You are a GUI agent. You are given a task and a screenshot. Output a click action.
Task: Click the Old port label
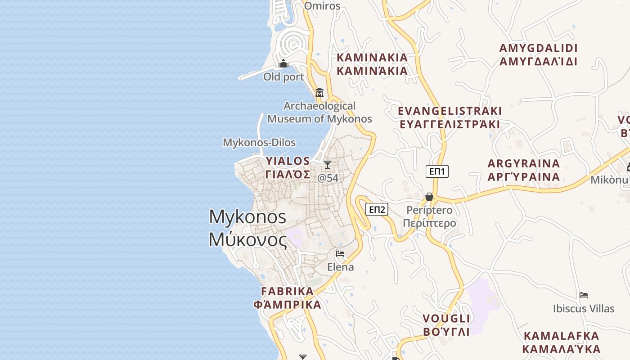point(283,77)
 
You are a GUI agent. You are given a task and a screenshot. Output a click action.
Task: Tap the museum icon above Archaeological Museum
point(319,92)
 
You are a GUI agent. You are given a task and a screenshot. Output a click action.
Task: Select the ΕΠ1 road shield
point(437,171)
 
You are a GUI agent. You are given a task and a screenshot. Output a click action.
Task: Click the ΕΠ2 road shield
point(377,209)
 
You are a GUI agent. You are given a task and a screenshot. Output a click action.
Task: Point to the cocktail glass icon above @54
point(328,165)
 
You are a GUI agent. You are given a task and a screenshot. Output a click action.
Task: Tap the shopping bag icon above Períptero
point(429,197)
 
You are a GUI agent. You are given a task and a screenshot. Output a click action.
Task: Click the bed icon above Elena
point(340,254)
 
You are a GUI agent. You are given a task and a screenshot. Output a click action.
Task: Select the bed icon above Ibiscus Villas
point(584,295)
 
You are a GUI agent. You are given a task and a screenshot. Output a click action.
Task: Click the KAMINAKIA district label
point(372,58)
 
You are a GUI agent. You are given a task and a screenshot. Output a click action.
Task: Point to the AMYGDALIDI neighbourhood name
point(538,49)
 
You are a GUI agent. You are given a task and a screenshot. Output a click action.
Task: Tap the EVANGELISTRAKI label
point(450,111)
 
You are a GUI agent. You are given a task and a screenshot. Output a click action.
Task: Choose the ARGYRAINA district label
point(524,164)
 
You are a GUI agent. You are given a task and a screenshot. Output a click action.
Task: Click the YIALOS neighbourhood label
point(288,161)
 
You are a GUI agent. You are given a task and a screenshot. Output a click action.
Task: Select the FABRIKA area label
point(287,292)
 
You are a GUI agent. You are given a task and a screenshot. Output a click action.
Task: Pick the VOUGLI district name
point(446,319)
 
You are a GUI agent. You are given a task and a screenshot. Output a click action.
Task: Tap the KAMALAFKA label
point(561,336)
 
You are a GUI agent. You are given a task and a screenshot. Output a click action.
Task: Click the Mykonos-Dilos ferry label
point(259,143)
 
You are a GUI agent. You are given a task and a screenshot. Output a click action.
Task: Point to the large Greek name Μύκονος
point(247,239)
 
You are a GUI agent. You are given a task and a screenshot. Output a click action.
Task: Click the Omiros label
point(322,6)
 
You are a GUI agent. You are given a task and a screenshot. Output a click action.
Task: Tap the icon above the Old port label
point(283,64)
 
